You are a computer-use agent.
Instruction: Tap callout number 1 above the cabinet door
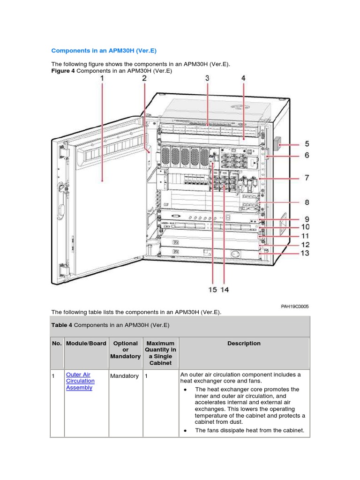102,79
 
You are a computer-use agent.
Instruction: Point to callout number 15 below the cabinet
212,290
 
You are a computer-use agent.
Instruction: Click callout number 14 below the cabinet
225,290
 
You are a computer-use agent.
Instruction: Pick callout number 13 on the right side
305,254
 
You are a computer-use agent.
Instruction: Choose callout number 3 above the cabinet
207,79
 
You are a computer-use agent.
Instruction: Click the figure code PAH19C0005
295,307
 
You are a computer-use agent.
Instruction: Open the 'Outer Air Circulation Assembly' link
80,381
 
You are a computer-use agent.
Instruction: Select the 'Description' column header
244,344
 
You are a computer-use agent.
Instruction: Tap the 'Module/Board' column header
86,344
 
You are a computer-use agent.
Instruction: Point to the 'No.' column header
57,344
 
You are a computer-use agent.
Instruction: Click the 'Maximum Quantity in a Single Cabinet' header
160,353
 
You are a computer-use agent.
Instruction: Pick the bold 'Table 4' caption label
61,325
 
